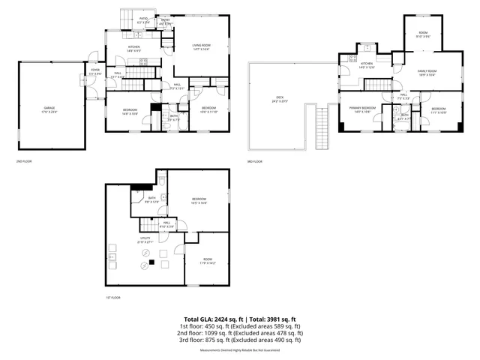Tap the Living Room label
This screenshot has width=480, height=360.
point(200,47)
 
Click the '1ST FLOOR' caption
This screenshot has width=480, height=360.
point(112,298)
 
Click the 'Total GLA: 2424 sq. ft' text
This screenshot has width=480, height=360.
point(215,319)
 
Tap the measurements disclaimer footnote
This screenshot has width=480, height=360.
point(240,350)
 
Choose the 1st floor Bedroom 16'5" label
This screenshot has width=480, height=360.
point(199,200)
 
